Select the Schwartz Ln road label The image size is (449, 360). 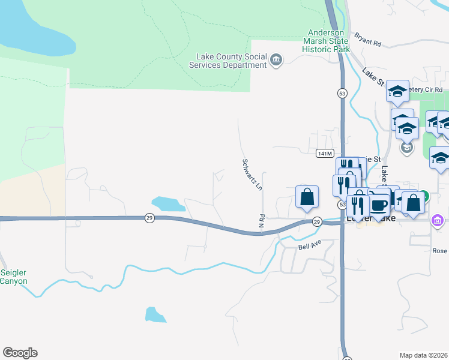pyautogui.click(x=252, y=175)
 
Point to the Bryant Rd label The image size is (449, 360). pyautogui.click(x=368, y=40)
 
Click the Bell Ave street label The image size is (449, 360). pyautogui.click(x=310, y=245)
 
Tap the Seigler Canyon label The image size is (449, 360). pyautogui.click(x=14, y=277)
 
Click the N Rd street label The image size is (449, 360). pyautogui.click(x=262, y=221)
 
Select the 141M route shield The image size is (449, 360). pyautogui.click(x=324, y=154)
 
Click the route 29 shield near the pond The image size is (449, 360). pyautogui.click(x=149, y=218)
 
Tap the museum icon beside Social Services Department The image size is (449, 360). pyautogui.click(x=276, y=60)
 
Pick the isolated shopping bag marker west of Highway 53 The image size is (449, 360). pyautogui.click(x=307, y=197)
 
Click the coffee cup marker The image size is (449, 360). pyautogui.click(x=379, y=204)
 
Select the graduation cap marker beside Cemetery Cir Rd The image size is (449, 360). pyautogui.click(x=397, y=91)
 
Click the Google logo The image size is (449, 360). pyautogui.click(x=20, y=353)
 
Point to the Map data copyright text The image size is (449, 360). pyautogui.click(x=424, y=355)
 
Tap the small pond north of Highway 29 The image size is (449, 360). pyautogui.click(x=169, y=203)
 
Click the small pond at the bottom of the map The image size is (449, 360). pyautogui.click(x=154, y=314)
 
